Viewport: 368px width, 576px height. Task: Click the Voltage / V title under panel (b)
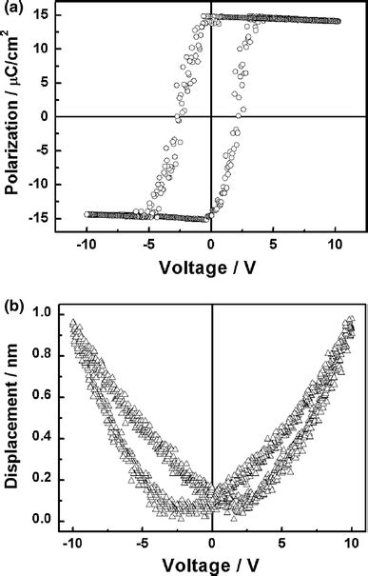click(211, 568)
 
